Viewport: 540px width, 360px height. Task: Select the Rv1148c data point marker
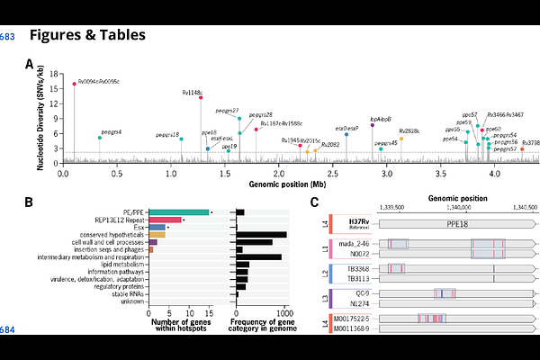point(200,97)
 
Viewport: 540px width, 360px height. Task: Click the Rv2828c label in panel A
point(409,131)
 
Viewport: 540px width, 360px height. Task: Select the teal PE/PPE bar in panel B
point(178,211)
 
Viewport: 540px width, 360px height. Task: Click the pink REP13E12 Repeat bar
point(165,219)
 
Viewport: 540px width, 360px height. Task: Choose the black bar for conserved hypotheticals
point(261,234)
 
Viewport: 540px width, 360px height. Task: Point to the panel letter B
point(29,203)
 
